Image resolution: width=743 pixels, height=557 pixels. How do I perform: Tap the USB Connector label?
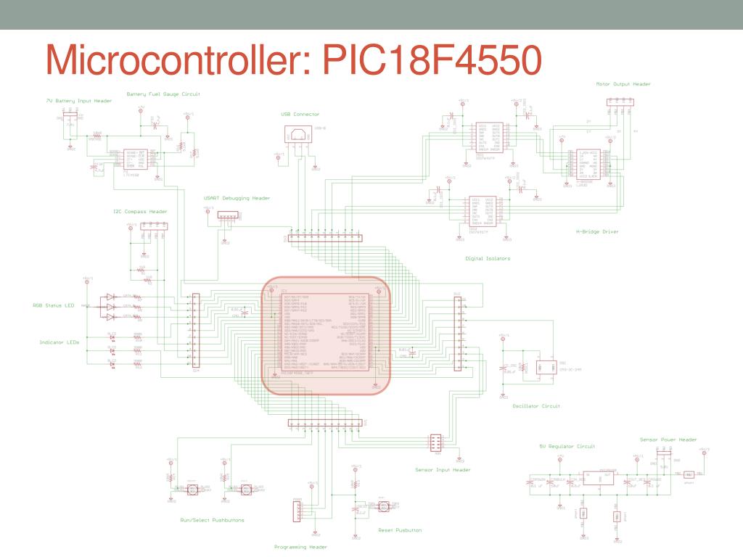(300, 114)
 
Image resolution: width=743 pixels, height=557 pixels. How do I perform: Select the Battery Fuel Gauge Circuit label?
(163, 94)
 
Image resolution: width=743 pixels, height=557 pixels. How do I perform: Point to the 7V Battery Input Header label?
(79, 101)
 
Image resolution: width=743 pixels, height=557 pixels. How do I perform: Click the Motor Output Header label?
(623, 84)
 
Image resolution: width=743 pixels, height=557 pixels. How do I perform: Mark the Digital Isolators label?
(488, 257)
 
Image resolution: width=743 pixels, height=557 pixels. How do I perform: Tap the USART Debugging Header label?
(237, 197)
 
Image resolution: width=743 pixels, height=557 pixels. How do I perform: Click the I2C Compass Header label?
(140, 212)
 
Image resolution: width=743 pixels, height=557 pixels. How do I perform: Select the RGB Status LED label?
(54, 305)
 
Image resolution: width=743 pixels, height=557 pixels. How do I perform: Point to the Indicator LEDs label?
(59, 342)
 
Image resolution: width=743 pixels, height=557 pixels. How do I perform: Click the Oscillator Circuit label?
(536, 406)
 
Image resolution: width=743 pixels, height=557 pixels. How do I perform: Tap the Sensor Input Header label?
(443, 470)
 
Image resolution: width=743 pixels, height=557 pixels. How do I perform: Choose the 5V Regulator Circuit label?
(567, 446)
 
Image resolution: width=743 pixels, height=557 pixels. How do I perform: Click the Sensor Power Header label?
(668, 440)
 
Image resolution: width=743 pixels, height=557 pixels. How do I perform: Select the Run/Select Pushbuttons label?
(212, 520)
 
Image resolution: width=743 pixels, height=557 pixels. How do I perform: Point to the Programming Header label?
(300, 547)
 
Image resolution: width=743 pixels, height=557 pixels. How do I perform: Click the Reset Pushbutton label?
(400, 530)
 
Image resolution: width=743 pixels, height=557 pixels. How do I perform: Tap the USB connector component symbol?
(298, 135)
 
